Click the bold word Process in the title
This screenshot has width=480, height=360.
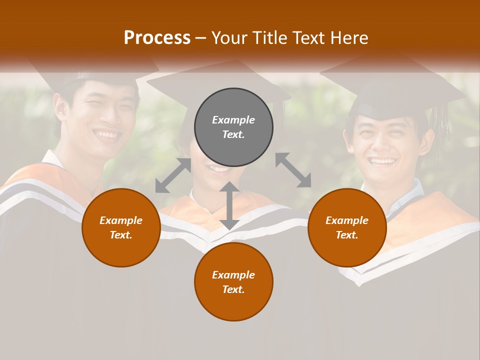click(x=157, y=38)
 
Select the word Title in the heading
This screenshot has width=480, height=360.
click(x=269, y=38)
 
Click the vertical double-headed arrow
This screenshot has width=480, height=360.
click(x=229, y=205)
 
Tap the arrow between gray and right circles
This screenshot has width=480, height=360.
click(x=293, y=170)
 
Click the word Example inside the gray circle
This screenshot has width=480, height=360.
click(x=233, y=120)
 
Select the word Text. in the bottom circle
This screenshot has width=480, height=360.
click(x=233, y=289)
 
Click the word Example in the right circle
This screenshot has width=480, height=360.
click(x=347, y=220)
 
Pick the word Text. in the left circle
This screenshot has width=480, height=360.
click(x=121, y=235)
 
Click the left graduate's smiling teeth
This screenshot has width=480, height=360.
click(x=106, y=134)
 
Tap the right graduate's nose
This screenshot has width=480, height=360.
click(x=382, y=145)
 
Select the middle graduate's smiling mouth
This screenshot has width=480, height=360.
click(x=219, y=169)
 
